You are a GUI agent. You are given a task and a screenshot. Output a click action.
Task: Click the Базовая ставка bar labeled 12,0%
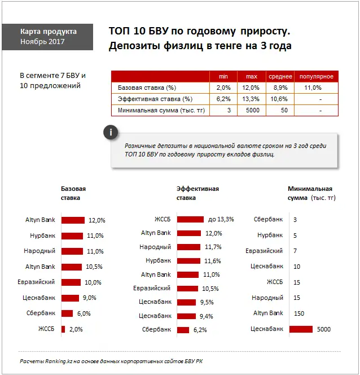tap(73, 220)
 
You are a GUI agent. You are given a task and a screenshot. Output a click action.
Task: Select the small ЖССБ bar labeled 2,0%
tap(63, 329)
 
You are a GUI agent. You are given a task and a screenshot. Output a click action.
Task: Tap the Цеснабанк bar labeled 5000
tap(300, 329)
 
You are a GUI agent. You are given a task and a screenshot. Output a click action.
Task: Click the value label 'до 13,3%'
tap(221, 219)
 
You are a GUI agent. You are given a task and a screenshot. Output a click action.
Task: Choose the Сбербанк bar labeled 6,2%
tap(182, 330)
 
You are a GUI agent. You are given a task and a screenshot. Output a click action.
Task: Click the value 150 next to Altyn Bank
tap(299, 313)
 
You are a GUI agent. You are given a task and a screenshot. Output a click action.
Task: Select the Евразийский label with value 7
tap(264, 251)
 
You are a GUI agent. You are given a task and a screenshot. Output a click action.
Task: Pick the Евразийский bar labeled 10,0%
tap(71, 282)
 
